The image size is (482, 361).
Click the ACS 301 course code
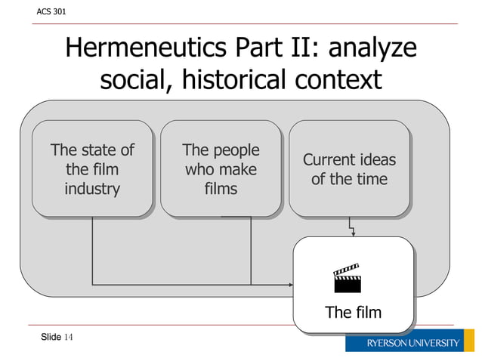pos(46,12)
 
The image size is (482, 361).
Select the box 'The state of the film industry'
pos(92,168)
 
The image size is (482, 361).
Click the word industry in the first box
pos(92,189)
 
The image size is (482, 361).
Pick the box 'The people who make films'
pos(221,168)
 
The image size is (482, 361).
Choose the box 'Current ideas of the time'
pos(349,168)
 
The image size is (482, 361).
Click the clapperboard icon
pos(348,278)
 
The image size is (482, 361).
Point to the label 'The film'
pos(353,312)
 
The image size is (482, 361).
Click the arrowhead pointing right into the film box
pos(290,285)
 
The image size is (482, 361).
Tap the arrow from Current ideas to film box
pos(351,227)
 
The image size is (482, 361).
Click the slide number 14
pos(68,336)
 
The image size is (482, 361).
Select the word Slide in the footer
pos(51,336)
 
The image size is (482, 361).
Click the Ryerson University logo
pos(412,342)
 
